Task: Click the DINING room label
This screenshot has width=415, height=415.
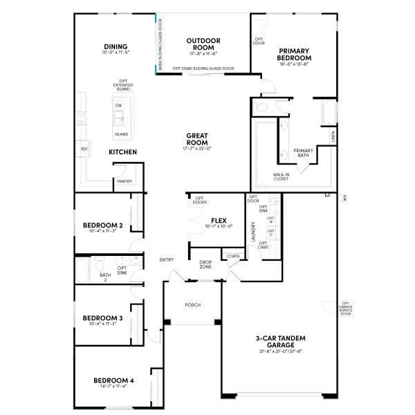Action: coord(116,47)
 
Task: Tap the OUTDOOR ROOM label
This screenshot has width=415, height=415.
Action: coord(203,45)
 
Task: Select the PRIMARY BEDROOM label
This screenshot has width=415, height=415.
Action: coord(295,54)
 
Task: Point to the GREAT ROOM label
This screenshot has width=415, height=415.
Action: coord(197,139)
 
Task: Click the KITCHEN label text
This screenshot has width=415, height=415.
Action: coord(122,151)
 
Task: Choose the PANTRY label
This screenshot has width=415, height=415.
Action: coord(124,181)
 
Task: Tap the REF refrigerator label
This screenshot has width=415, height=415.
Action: coord(84,149)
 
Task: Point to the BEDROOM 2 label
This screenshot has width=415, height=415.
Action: coord(103,225)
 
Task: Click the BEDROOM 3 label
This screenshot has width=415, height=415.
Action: coord(103,318)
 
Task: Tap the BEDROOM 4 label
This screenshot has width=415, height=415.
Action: coord(114,380)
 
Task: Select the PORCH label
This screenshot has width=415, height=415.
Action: coord(193,304)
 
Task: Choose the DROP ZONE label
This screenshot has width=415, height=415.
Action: coord(205,264)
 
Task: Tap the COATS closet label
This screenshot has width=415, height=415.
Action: coord(232,257)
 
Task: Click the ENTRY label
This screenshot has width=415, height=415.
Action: coord(167,259)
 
